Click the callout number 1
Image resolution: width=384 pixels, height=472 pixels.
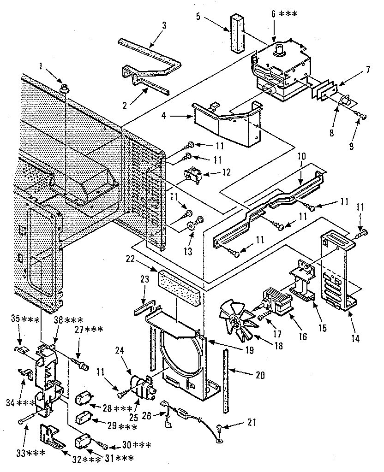click(x=41, y=66)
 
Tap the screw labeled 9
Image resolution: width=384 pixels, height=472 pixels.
click(x=362, y=117)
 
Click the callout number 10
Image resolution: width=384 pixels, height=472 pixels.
click(x=300, y=157)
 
